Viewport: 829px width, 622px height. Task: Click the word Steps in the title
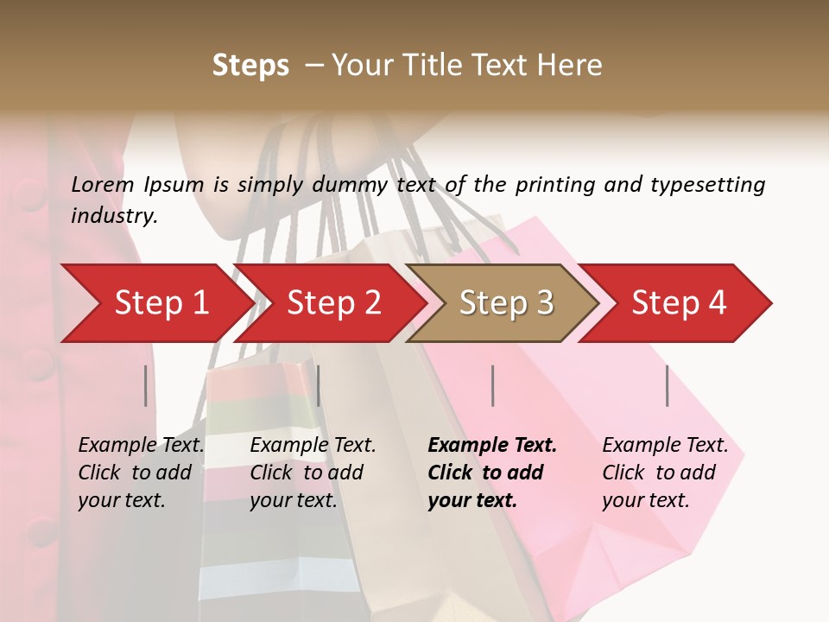point(250,66)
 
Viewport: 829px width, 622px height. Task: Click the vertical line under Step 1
point(146,385)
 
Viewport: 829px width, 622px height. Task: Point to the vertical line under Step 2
point(319,385)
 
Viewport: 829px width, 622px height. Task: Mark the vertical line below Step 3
point(492,385)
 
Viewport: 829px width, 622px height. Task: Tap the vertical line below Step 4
point(668,385)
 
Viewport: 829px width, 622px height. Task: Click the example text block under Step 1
point(141,473)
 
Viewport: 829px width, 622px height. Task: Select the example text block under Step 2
point(313,473)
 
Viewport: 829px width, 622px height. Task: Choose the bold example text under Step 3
point(492,473)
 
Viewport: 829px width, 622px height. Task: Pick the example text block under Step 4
point(665,473)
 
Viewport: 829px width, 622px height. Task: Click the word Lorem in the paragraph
point(103,184)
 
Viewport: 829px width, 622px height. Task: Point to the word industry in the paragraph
point(114,216)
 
